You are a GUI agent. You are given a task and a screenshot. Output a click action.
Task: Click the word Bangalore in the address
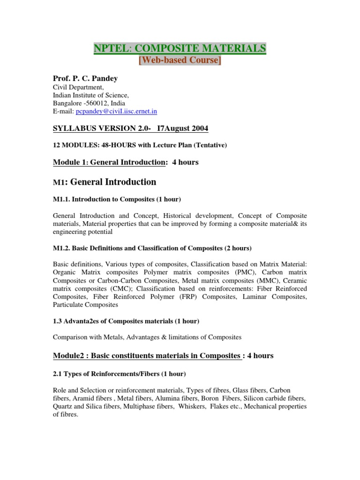click(x=67, y=103)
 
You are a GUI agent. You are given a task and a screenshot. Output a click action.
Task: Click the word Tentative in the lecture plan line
click(x=209, y=145)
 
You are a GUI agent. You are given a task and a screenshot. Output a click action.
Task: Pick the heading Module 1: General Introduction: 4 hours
click(x=125, y=162)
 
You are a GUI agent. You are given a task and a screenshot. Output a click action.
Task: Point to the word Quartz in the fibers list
click(x=62, y=407)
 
